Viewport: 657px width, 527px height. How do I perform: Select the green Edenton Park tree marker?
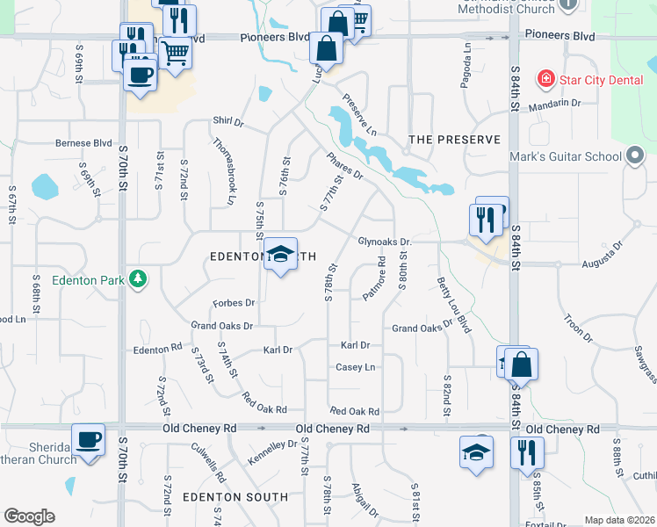(x=137, y=279)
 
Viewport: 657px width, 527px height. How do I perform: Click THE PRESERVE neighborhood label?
(x=454, y=140)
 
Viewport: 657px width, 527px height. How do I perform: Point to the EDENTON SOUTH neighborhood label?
(x=235, y=497)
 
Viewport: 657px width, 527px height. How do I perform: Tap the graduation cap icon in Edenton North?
(x=280, y=255)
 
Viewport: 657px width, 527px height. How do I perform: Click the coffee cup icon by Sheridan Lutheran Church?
(x=89, y=440)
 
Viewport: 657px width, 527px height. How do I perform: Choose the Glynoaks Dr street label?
(x=385, y=242)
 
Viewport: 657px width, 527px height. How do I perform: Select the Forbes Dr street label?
(x=234, y=303)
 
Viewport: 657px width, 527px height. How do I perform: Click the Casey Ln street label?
(x=356, y=367)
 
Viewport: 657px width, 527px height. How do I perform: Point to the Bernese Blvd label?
(x=84, y=142)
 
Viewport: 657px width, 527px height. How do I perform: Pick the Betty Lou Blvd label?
(x=453, y=305)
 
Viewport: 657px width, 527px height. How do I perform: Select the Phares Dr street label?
(x=344, y=167)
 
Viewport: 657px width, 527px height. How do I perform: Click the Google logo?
(x=29, y=516)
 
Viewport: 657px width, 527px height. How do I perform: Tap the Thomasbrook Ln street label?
(x=225, y=170)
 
